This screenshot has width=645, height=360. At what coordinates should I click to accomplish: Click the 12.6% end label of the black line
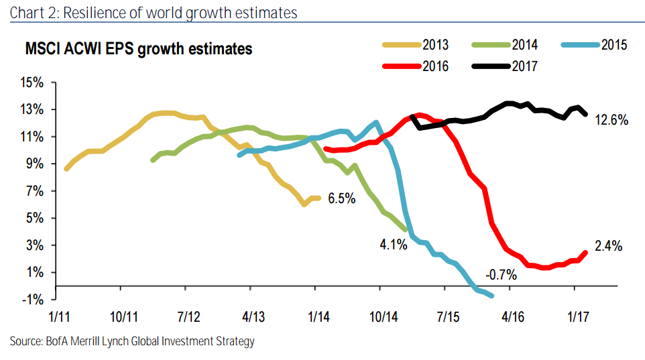611,121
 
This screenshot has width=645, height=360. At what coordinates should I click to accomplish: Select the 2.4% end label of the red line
608,246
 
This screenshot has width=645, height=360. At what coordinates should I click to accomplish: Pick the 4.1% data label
394,244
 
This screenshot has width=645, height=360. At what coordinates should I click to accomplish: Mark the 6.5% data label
341,199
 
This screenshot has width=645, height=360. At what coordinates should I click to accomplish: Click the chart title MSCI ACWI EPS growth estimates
139,49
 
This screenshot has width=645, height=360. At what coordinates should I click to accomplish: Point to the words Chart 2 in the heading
32,13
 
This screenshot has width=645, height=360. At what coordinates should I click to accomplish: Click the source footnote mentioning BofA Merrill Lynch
132,342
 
